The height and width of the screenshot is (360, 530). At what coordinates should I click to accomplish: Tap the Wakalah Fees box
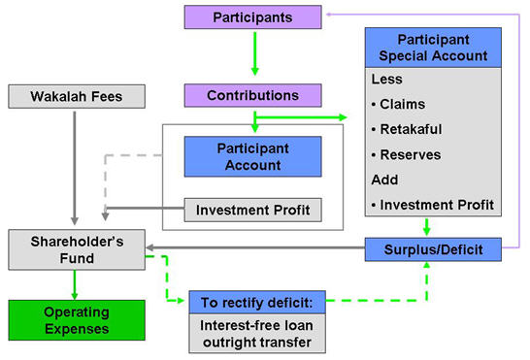click(x=76, y=96)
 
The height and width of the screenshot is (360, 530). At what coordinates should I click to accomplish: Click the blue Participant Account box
click(x=251, y=156)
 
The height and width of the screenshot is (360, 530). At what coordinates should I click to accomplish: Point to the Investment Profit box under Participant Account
click(x=251, y=210)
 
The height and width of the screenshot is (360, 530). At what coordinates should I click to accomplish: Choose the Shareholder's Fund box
click(x=76, y=248)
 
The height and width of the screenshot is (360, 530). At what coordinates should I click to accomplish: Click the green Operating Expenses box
click(x=76, y=319)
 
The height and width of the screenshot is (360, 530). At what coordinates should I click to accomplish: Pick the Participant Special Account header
click(x=433, y=47)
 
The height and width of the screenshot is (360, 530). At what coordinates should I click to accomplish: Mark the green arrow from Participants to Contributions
click(x=254, y=55)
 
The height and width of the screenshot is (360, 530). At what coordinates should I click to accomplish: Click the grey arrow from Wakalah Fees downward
click(x=76, y=165)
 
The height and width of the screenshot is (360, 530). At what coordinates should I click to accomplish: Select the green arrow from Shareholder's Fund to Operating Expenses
click(x=76, y=282)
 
